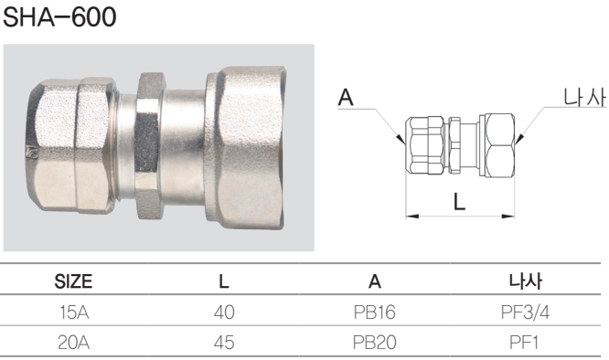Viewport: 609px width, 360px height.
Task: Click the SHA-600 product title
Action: [x=59, y=16]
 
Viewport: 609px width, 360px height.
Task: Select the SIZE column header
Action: [x=73, y=281]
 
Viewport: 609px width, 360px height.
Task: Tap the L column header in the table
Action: [x=224, y=281]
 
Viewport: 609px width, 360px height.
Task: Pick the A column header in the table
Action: [x=375, y=281]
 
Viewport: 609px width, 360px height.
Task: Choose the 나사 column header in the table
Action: [x=526, y=281]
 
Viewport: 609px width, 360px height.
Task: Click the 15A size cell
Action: [x=74, y=312]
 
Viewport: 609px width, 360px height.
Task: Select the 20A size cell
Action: [x=74, y=342]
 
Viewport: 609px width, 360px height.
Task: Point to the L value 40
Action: [x=224, y=312]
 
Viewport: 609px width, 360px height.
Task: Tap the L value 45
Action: [x=224, y=342]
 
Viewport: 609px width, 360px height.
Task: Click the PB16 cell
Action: [x=374, y=312]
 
